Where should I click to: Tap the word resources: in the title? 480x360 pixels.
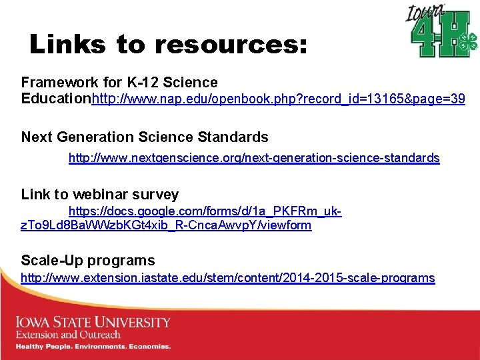coord(231,45)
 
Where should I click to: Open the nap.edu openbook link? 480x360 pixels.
coord(278,100)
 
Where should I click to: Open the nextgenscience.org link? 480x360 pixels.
coord(254,158)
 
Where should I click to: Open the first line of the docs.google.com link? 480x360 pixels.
coord(205,212)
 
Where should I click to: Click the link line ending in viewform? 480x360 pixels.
coord(166,225)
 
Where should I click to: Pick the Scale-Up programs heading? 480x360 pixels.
coord(88,261)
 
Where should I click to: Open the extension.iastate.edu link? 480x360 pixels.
coord(227,278)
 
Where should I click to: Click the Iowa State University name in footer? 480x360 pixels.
coord(93,323)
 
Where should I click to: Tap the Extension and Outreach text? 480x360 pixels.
coord(68,335)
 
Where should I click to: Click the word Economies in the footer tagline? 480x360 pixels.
coord(149,347)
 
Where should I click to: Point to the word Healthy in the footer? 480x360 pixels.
coord(31,347)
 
